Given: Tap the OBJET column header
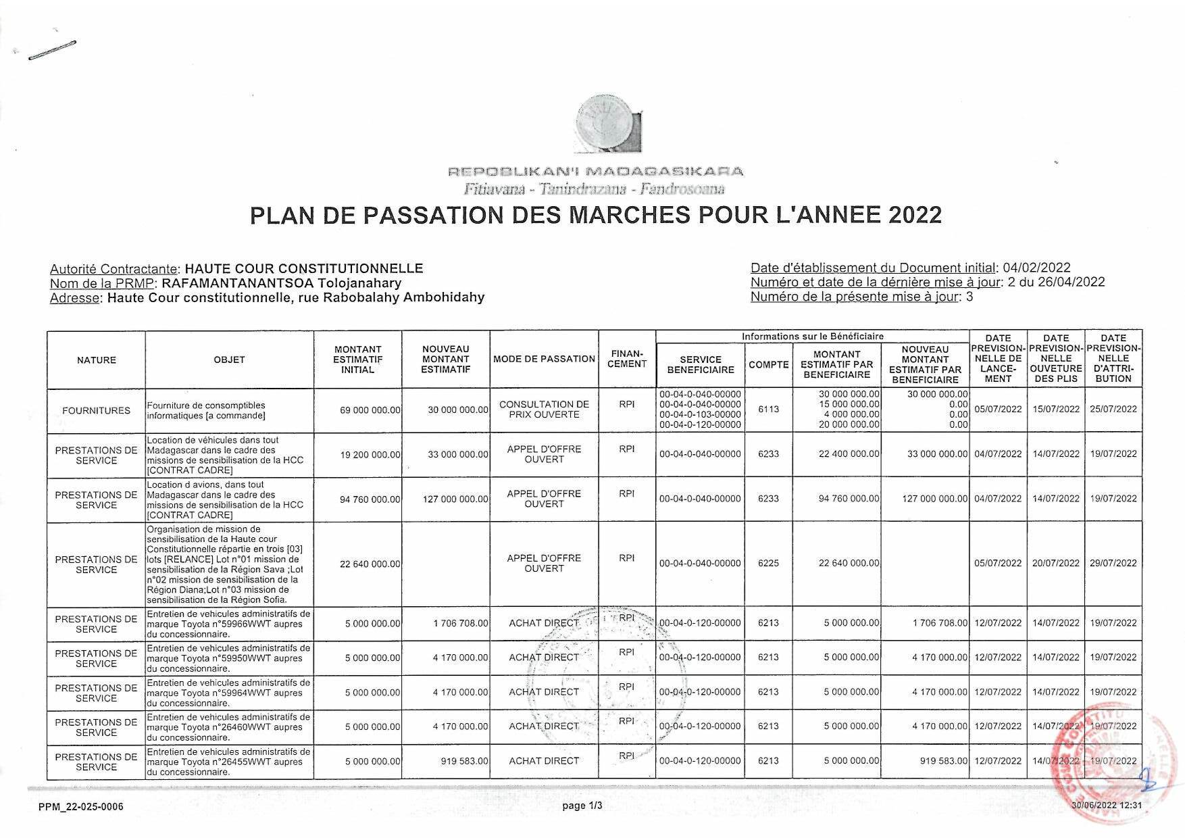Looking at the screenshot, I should (x=229, y=360).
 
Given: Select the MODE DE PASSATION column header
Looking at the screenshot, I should (x=544, y=360).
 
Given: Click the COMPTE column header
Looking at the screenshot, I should (x=768, y=365).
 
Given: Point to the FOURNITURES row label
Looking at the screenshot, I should (x=96, y=410).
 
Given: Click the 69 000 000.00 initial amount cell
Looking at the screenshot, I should (x=370, y=410).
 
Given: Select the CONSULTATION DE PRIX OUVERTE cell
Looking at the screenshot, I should (x=544, y=410).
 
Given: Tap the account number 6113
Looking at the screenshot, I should (x=768, y=409).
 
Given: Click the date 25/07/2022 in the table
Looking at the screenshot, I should (x=1113, y=409).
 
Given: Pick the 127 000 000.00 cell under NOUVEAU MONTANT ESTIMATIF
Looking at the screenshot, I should (x=455, y=499).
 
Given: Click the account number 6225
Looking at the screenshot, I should (x=768, y=563).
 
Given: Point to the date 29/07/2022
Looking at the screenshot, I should (x=1113, y=563).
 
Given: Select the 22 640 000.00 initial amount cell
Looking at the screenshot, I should (x=370, y=564).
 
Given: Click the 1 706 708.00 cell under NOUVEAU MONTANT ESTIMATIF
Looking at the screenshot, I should (x=461, y=623).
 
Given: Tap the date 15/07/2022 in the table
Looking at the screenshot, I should (x=1055, y=409).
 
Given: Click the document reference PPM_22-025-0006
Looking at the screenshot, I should (x=81, y=807).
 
